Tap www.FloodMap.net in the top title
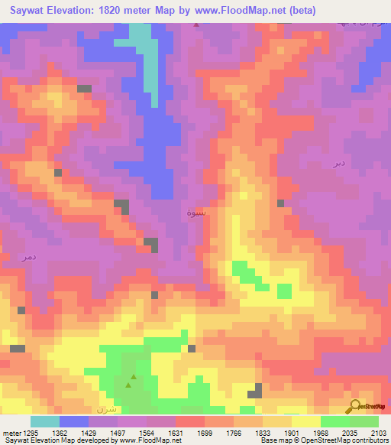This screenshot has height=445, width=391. tap(238, 11)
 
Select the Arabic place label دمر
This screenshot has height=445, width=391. tap(29, 258)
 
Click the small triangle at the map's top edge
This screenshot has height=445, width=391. tap(197, 24)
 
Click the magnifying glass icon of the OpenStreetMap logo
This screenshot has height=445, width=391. tap(352, 407)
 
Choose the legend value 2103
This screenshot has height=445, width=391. tap(377, 432)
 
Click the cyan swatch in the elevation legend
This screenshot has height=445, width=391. tap(45, 421)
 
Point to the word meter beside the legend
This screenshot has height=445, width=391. tap(9, 432)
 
